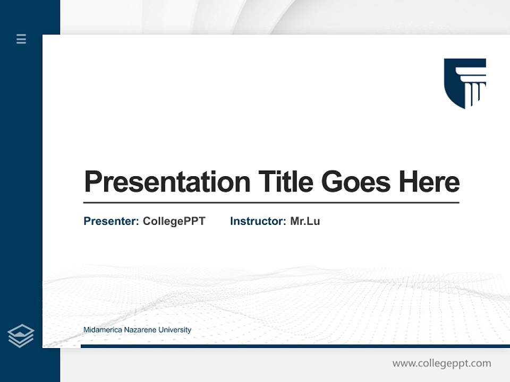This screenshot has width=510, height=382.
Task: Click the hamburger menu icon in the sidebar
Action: point(21,39)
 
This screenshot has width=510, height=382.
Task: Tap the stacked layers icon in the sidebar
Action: point(21,336)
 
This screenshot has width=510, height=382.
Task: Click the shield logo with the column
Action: point(464,83)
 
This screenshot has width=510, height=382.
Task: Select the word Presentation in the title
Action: point(167,182)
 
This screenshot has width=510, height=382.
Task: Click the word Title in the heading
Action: point(285,182)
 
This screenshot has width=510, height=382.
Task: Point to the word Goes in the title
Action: point(356,182)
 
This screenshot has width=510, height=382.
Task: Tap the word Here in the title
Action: point(429,182)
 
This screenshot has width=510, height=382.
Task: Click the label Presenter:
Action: point(111,221)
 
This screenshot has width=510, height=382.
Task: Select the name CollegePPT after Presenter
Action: point(174,221)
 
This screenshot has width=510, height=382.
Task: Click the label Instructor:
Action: point(258,221)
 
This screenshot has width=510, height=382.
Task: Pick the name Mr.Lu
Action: point(305,221)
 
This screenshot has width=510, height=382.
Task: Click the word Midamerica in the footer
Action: point(103,330)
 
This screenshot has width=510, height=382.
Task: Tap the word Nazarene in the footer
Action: point(139,330)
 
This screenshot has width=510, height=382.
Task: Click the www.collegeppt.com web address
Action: point(441,363)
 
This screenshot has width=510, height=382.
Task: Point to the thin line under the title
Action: point(271,203)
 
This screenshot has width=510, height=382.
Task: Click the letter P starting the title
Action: point(92,182)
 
